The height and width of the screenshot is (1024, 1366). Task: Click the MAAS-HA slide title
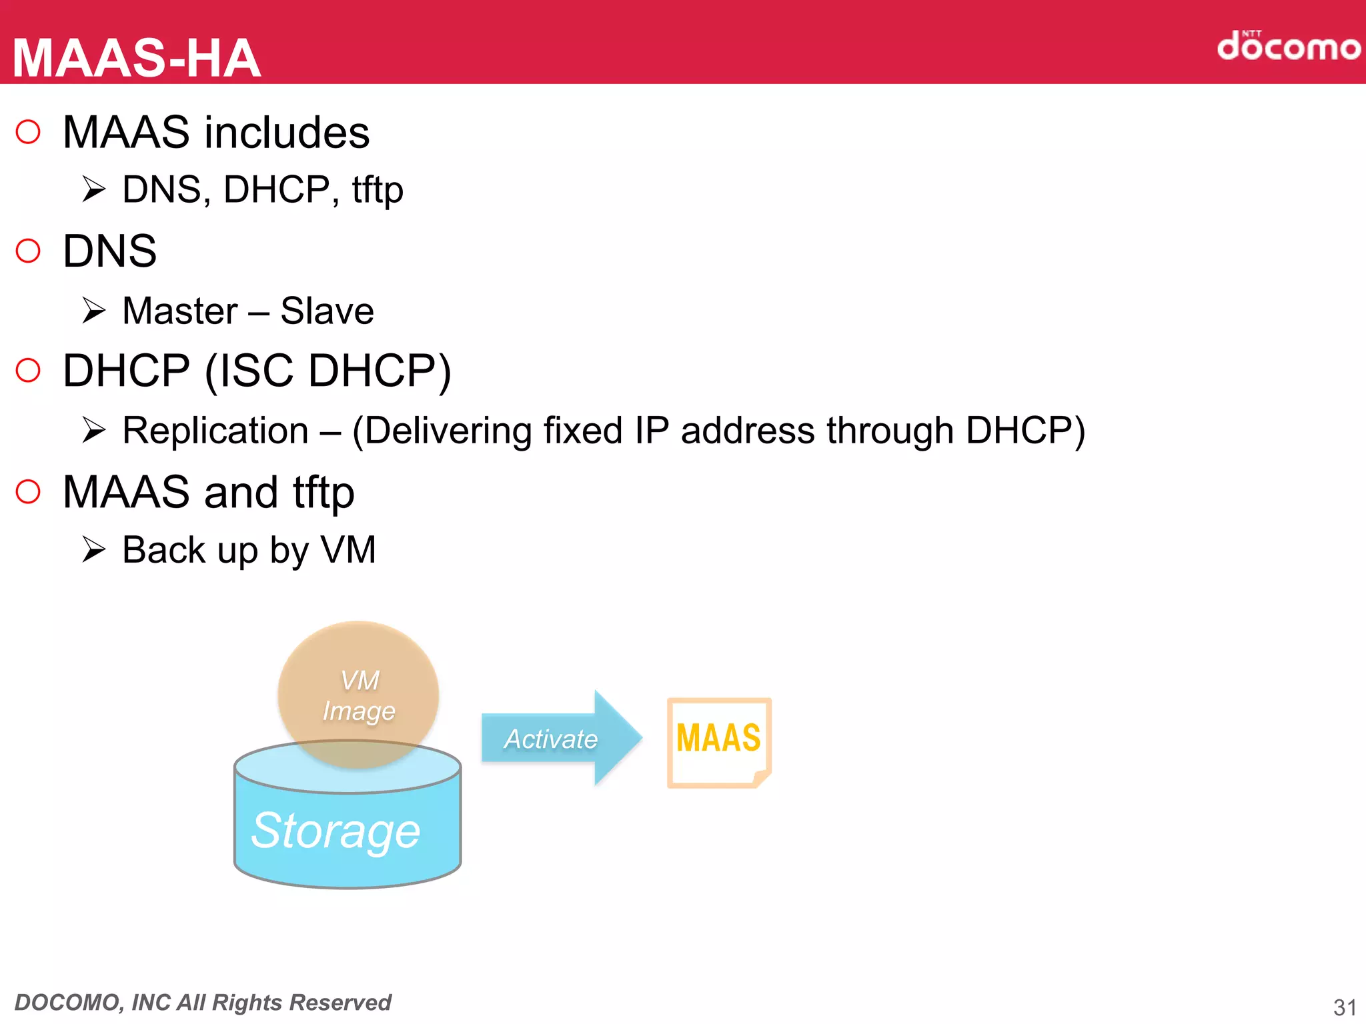tap(137, 59)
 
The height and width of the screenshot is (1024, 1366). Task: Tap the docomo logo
tap(1288, 46)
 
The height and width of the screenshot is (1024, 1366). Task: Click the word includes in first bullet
tap(287, 133)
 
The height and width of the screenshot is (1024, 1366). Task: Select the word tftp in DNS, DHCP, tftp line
tap(378, 190)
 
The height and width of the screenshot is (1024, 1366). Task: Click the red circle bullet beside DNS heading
tap(28, 251)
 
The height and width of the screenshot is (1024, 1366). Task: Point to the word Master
tap(180, 311)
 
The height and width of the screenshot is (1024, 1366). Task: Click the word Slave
tap(327, 311)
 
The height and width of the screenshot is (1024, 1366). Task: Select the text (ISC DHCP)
tap(327, 371)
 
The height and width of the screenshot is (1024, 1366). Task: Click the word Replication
tap(215, 431)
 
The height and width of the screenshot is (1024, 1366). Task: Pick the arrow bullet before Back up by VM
tap(94, 550)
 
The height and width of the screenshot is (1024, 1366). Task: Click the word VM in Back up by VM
tap(349, 551)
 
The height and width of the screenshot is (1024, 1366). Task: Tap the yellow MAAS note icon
tap(719, 742)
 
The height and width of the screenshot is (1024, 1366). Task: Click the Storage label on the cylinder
tap(335, 831)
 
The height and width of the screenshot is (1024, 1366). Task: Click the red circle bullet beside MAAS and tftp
tap(28, 492)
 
